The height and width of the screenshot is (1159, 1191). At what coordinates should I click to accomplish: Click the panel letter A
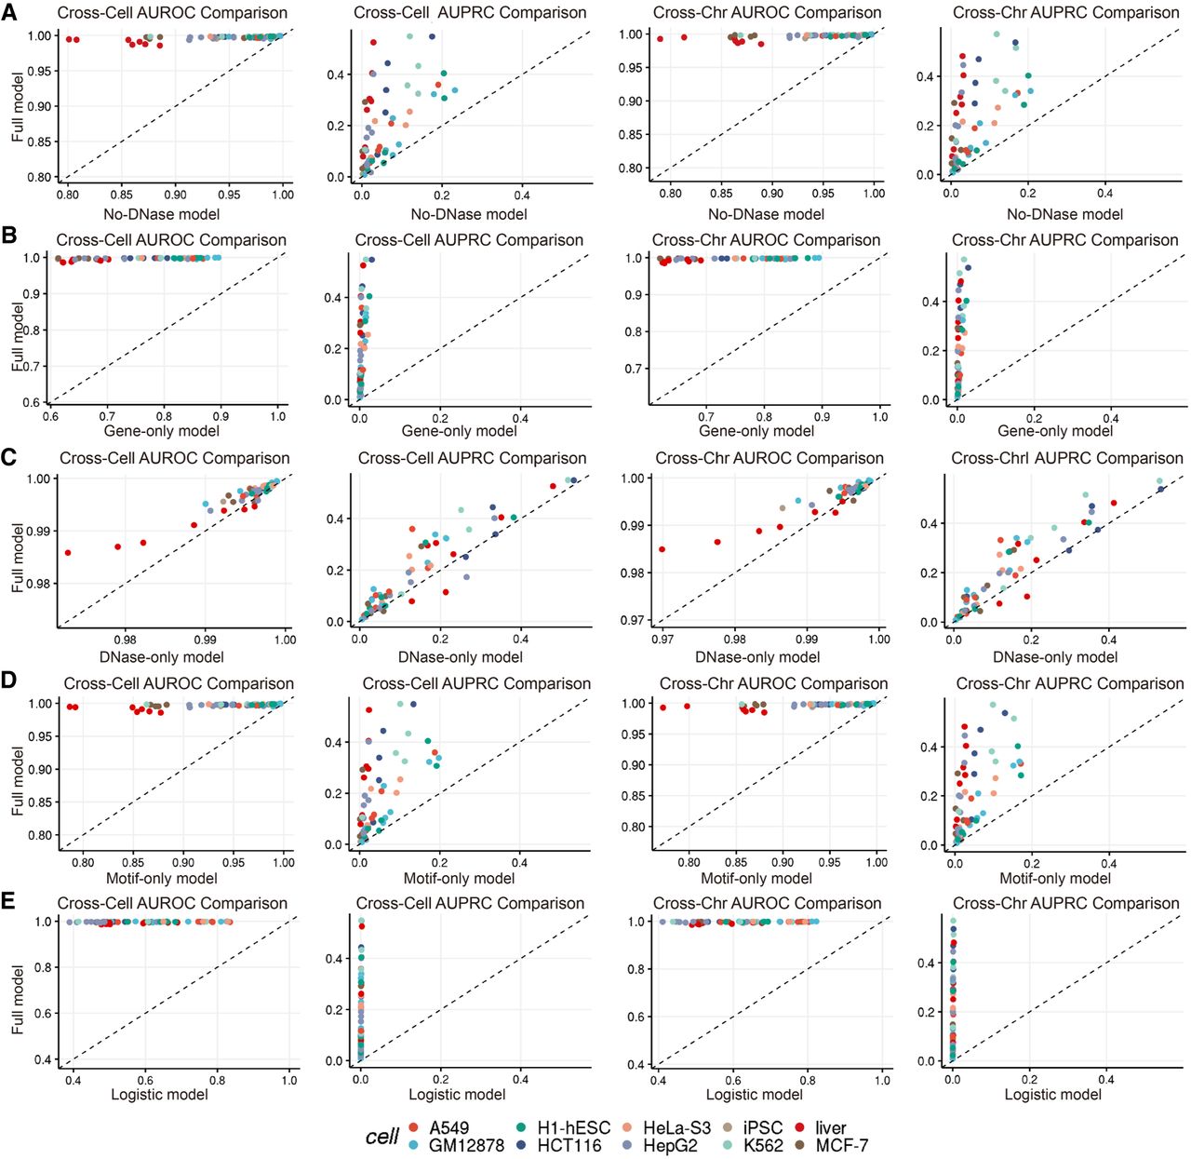click(x=9, y=12)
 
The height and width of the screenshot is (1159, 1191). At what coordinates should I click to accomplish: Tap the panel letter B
click(x=9, y=234)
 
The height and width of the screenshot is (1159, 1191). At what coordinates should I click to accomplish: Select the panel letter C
click(x=9, y=457)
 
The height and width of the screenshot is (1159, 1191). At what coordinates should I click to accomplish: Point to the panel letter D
click(x=9, y=680)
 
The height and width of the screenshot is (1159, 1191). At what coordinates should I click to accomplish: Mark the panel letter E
click(x=9, y=901)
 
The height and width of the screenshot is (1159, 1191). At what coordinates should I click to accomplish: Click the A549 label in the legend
click(x=448, y=1128)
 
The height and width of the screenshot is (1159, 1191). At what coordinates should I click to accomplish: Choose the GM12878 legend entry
click(x=465, y=1146)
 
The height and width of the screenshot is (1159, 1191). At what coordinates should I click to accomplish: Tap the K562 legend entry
click(x=763, y=1146)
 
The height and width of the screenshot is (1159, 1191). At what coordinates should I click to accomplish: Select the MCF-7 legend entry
click(x=841, y=1146)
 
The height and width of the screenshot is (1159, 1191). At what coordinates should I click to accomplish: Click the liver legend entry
click(x=830, y=1128)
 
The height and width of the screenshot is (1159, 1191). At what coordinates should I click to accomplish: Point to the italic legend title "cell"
click(x=381, y=1137)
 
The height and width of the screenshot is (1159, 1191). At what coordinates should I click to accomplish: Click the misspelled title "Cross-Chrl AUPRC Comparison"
click(x=1066, y=458)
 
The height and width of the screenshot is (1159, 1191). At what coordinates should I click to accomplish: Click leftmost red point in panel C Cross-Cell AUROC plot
click(x=68, y=553)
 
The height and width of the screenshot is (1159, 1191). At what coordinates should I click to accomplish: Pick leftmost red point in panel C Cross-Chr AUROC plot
click(x=662, y=549)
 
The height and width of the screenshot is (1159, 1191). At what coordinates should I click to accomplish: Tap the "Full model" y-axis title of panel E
click(x=18, y=999)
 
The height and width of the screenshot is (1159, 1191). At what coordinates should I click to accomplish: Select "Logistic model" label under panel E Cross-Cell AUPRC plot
click(x=457, y=1095)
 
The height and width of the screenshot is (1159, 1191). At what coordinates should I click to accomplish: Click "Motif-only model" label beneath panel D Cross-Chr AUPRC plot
click(x=1054, y=878)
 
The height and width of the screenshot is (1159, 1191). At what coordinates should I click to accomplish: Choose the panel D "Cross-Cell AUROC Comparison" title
click(x=179, y=684)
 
